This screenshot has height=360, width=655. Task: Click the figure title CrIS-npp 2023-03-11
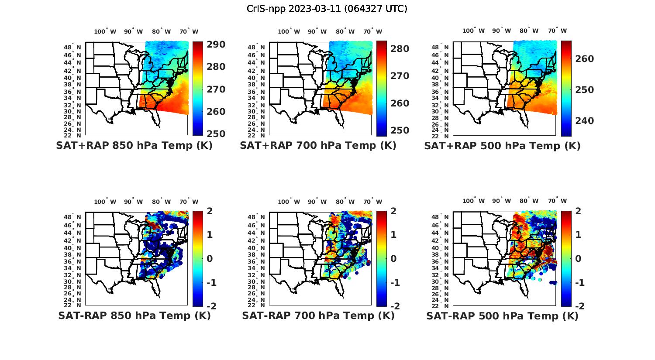327,9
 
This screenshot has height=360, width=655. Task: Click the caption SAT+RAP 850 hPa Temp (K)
134,146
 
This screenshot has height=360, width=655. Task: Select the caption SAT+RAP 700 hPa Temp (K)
318,146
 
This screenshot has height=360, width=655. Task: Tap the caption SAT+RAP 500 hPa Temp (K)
502,146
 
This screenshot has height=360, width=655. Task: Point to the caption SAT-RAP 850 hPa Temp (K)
134,315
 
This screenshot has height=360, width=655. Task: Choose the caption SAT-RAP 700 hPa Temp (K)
318,315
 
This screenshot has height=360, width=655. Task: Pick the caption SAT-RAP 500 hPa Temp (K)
502,315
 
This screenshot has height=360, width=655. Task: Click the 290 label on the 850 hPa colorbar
216,45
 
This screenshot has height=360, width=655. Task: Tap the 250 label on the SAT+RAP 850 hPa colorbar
216,134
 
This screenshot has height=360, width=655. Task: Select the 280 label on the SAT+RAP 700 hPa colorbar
400,49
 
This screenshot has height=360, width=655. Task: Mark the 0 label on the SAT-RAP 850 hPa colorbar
210,258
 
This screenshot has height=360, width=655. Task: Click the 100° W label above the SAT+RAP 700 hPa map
289,31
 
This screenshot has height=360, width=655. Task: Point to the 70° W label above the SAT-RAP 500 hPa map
558,201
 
